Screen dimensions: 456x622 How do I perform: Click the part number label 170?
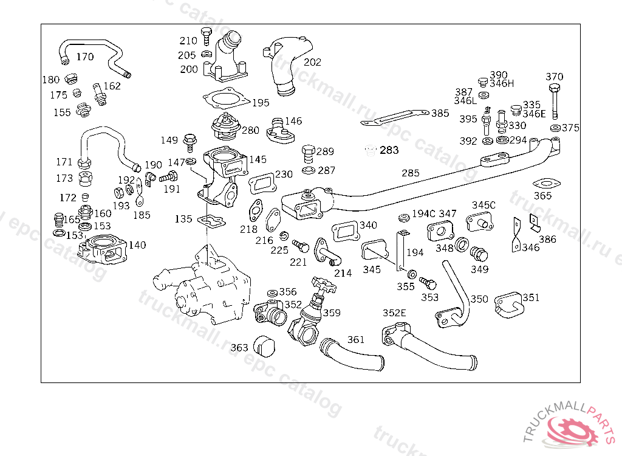point(85,57)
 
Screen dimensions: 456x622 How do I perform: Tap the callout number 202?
point(312,62)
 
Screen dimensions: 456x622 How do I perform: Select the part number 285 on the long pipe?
point(411,173)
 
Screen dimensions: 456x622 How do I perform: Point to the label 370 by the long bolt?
point(554,77)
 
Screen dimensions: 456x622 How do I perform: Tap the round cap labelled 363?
point(264,345)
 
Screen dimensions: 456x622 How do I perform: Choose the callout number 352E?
point(394,313)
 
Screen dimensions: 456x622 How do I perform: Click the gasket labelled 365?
point(545,183)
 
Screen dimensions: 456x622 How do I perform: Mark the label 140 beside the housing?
point(137,245)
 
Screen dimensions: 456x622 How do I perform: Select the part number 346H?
point(502,83)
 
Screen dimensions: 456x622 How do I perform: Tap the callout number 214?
point(343,273)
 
